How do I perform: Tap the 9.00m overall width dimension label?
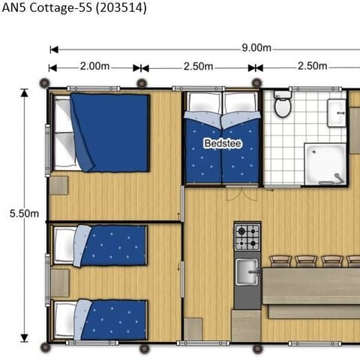pos(256,48)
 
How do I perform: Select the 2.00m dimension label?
pos(94,67)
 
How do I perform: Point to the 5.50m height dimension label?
pos(24,214)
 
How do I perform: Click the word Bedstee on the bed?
pos(223,142)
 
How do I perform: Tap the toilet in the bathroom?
pos(283,106)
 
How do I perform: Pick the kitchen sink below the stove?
pos(247,271)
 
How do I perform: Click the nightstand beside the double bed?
pos(59,185)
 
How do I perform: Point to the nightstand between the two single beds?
pos(59,283)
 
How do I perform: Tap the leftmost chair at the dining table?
pos(280,261)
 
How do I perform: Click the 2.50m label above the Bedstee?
pos(198,67)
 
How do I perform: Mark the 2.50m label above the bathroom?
pos(312,67)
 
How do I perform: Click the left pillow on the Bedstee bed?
pos(203,103)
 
